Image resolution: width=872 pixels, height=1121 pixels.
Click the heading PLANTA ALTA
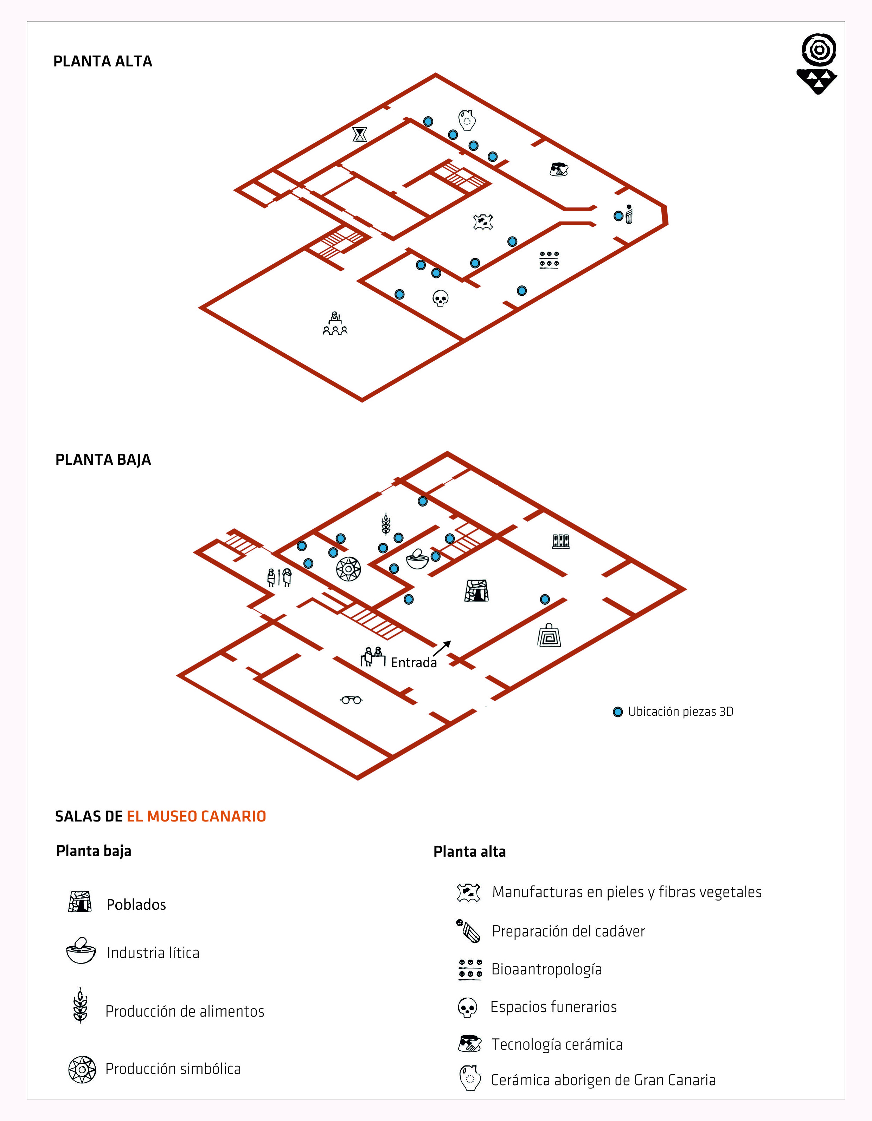coord(103,62)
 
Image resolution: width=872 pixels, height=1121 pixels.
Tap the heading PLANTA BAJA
coord(103,459)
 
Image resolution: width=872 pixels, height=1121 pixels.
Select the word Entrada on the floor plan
coord(414,663)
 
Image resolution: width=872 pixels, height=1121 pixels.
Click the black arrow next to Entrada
coord(442,648)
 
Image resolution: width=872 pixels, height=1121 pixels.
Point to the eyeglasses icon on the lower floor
coord(351,700)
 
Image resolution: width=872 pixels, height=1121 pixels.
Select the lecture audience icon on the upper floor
coord(335,323)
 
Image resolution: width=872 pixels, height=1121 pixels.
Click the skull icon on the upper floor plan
coord(440,298)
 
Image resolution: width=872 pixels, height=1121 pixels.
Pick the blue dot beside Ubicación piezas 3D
coord(618,712)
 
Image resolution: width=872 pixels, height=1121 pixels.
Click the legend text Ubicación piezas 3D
coord(680,711)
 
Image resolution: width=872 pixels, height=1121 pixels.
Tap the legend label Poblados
coord(136,904)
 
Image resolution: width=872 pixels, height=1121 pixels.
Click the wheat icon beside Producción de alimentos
coord(80,1006)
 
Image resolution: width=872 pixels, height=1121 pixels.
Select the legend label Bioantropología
coord(546,969)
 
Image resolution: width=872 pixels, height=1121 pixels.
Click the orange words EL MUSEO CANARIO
coord(196,816)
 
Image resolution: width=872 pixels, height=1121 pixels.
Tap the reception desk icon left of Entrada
coord(373,657)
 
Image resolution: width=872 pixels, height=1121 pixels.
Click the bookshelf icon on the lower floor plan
coord(561,541)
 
